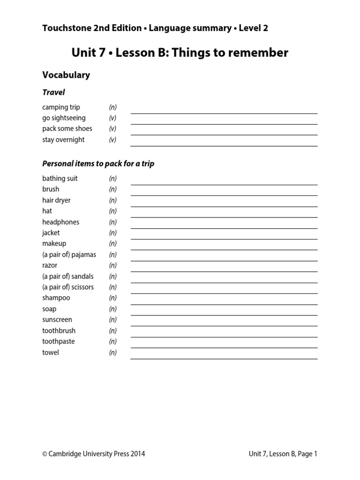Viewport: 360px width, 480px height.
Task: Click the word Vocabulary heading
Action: [66, 75]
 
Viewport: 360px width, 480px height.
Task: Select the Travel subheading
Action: [53, 92]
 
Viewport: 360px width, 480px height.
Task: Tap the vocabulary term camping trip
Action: [61, 107]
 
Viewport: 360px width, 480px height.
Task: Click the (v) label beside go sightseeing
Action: [112, 118]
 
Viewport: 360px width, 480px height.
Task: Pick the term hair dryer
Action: [56, 200]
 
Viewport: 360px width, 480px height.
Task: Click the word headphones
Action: [60, 222]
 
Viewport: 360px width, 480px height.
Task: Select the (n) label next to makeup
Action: [112, 244]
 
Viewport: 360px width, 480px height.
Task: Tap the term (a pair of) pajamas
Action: [69, 255]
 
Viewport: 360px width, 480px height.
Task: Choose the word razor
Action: [50, 265]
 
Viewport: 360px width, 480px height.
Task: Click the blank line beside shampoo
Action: [224, 304]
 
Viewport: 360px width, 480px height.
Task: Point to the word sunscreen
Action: [57, 320]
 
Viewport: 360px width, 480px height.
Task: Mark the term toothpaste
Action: [58, 342]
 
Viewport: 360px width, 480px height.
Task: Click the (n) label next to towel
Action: [112, 352]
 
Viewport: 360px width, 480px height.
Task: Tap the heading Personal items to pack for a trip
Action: [98, 164]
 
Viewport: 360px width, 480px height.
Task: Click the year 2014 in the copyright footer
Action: [137, 454]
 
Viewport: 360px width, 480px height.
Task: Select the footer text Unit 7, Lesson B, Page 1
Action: [283, 454]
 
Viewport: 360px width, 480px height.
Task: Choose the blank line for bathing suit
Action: [224, 184]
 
